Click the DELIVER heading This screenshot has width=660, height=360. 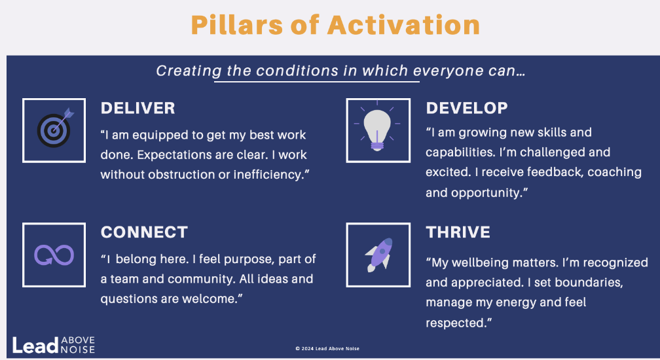[x=137, y=108]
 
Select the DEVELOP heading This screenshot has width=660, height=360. [x=467, y=108]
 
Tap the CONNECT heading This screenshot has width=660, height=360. [x=144, y=232]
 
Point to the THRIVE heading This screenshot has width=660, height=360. [x=458, y=232]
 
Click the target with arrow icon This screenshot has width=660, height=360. [x=54, y=129]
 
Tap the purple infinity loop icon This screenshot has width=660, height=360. [x=54, y=255]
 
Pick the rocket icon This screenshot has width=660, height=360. [x=379, y=255]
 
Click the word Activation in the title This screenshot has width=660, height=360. [x=403, y=25]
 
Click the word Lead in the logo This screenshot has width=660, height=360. [x=35, y=346]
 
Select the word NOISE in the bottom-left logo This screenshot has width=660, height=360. [x=78, y=350]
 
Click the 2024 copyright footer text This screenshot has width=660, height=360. [x=327, y=349]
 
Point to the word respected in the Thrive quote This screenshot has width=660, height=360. [x=456, y=323]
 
